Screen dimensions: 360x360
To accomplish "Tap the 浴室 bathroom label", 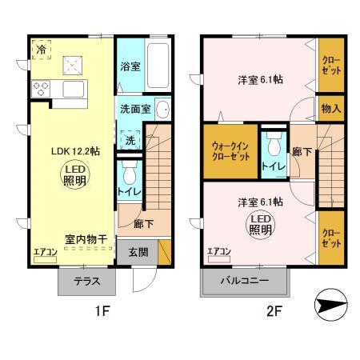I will click(130, 67).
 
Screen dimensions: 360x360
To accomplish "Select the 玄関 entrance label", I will click(138, 251).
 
